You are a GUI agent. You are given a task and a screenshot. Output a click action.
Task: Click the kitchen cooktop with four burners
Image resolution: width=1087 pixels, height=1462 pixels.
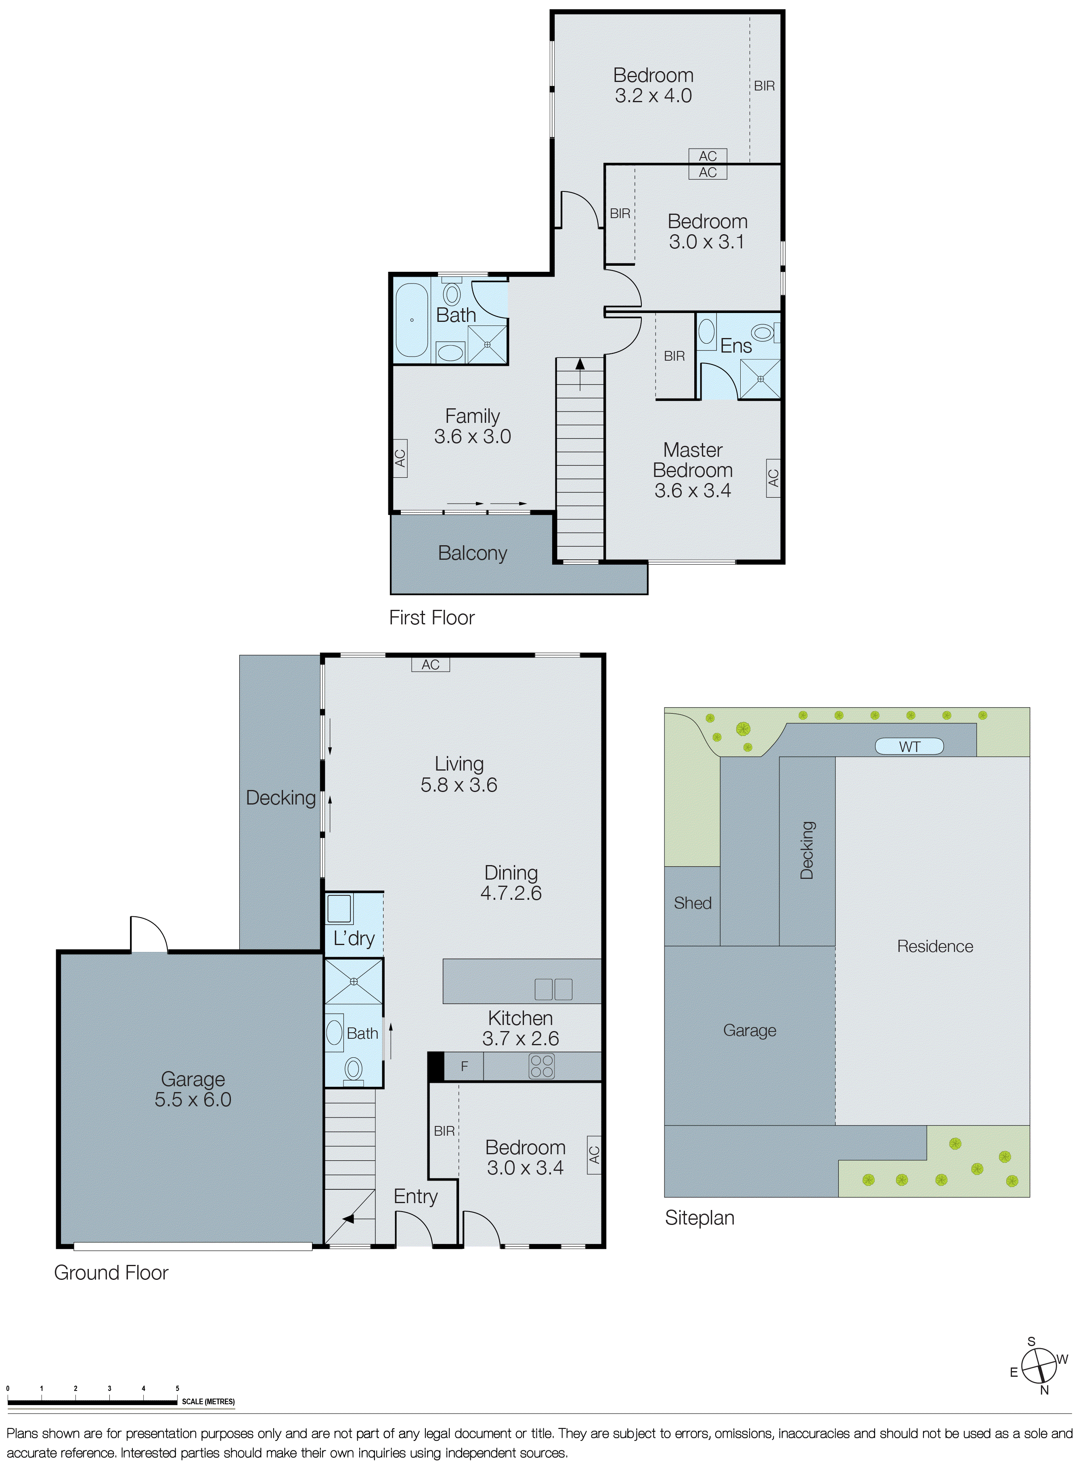(542, 1066)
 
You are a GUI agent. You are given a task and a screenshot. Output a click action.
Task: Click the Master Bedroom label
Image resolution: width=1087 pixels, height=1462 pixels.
(693, 460)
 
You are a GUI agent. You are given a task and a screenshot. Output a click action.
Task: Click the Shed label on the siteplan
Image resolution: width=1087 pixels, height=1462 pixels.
(692, 903)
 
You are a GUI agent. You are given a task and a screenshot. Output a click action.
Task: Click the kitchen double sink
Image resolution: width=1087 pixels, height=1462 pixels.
(553, 989)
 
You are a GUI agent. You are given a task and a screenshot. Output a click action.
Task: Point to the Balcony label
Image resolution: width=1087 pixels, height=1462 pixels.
(472, 553)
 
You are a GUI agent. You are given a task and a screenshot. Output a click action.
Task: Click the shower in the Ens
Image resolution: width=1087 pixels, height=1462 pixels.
(760, 379)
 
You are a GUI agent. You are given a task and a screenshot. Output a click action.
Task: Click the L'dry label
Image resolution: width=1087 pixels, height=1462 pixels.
(354, 938)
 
